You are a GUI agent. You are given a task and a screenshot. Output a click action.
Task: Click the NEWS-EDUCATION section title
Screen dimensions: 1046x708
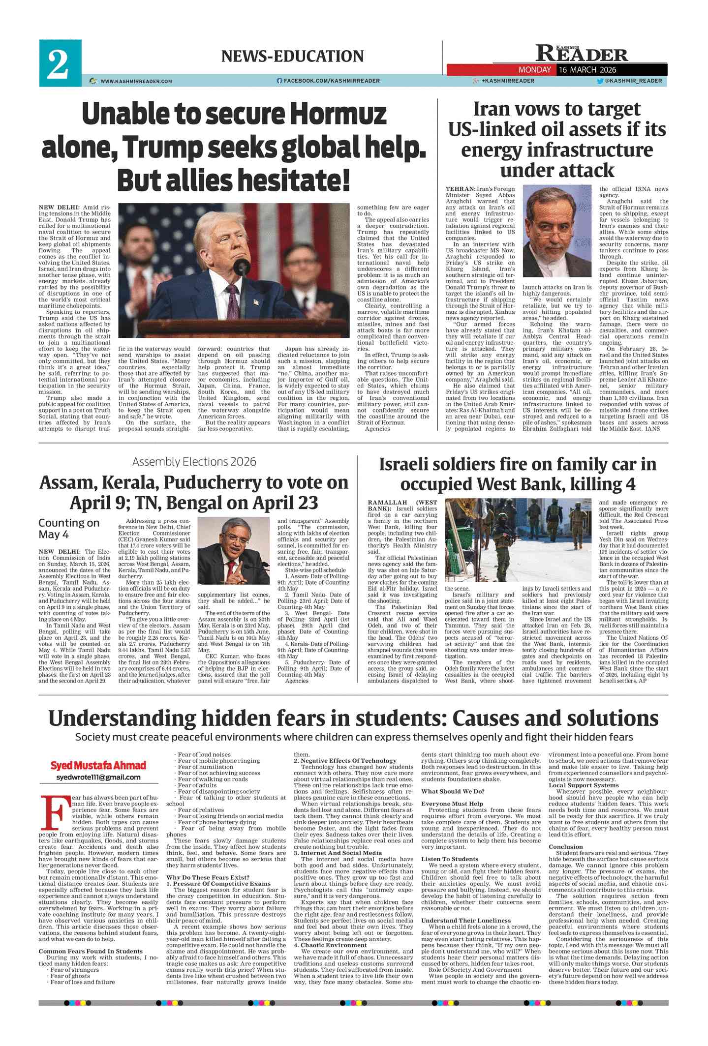pyautogui.click(x=292, y=56)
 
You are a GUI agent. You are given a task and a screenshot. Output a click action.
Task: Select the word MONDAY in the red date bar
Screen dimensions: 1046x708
pyautogui.click(x=534, y=70)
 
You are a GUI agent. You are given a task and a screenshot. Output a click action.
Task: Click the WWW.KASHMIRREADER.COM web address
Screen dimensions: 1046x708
pyautogui.click(x=136, y=81)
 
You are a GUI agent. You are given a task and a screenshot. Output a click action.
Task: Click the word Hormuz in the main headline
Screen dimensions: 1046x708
pyautogui.click(x=338, y=114)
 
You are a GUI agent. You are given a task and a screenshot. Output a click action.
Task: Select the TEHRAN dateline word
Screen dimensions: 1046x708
pyautogui.click(x=460, y=189)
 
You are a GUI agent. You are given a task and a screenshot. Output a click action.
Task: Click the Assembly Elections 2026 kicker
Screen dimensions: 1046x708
pyautogui.click(x=194, y=461)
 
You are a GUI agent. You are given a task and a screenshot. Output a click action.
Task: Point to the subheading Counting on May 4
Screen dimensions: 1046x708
pyautogui.click(x=69, y=528)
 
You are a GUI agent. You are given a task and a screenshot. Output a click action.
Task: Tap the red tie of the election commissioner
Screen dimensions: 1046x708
pyautogui.click(x=230, y=570)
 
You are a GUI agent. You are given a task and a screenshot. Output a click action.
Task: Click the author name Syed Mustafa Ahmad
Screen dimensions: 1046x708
pyautogui.click(x=98, y=765)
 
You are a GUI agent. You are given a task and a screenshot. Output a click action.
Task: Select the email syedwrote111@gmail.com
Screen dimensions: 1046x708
pyautogui.click(x=98, y=777)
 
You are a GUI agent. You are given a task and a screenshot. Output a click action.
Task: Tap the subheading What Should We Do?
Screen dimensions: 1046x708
pyautogui.click(x=453, y=791)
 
